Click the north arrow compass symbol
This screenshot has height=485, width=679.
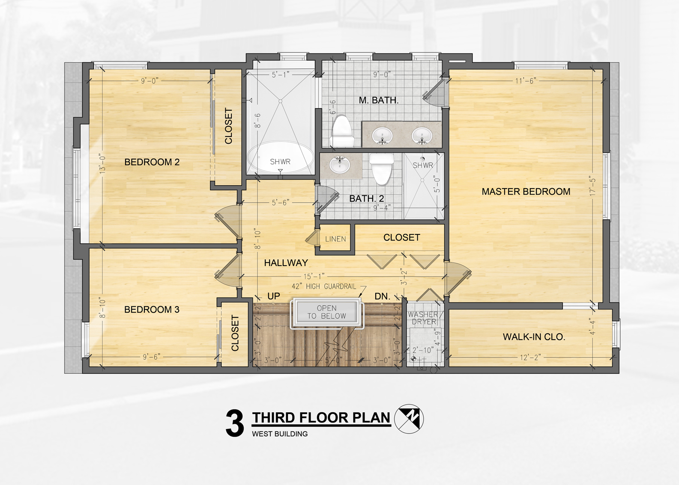409,419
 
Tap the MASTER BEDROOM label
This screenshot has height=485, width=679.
526,192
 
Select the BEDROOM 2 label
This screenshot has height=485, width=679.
152,162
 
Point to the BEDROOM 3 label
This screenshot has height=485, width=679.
152,310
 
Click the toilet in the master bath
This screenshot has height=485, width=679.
342,131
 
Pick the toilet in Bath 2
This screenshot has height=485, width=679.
381,169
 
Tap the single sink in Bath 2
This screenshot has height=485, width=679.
339,165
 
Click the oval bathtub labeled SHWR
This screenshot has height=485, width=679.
281,157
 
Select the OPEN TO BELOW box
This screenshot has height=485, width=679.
326,313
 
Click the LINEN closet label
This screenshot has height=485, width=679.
335,239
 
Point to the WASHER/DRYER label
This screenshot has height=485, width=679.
425,318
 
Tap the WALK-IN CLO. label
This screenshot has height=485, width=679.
534,337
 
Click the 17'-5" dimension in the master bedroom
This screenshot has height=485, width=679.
592,187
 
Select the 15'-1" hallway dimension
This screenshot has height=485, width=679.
314,277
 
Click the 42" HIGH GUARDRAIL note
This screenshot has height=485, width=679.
324,287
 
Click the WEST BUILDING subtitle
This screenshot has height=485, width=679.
280,434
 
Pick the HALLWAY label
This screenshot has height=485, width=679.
286,263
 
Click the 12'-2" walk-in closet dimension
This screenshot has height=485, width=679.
530,358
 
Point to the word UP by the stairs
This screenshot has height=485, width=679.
274,296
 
